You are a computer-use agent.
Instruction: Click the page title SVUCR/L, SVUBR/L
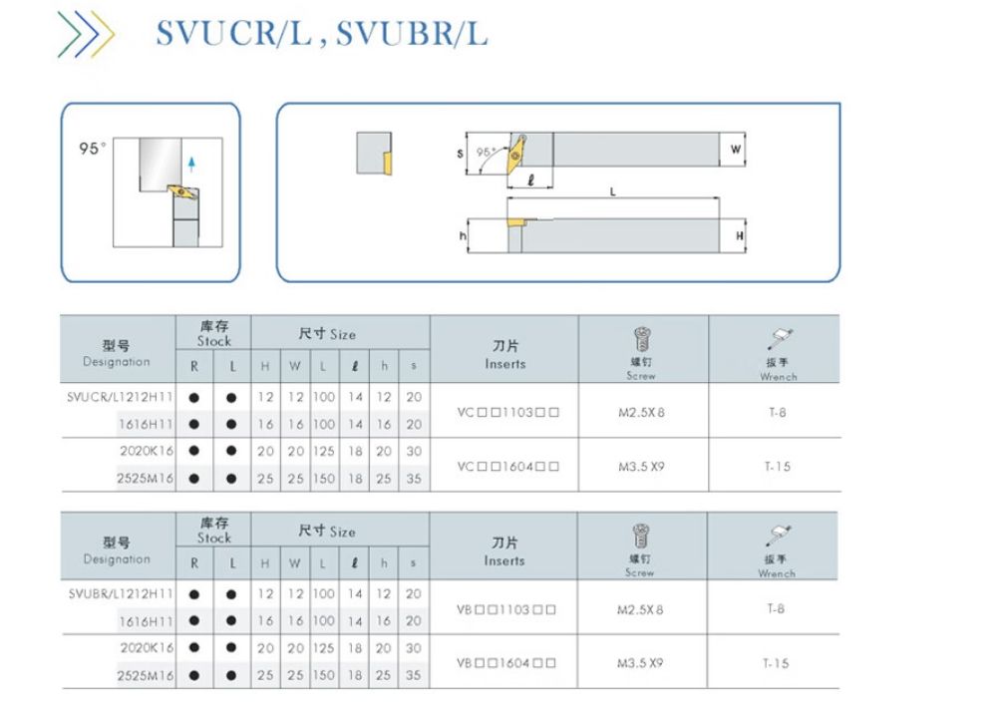[321, 34]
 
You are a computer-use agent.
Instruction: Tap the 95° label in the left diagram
[92, 148]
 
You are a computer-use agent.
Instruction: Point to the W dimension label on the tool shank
[735, 150]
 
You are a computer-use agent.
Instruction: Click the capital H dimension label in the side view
[739, 235]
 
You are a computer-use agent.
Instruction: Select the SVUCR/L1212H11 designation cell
[120, 396]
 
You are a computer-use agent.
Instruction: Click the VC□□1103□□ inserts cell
[507, 412]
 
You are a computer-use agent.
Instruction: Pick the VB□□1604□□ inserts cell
[506, 662]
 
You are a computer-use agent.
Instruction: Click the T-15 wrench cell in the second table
[776, 663]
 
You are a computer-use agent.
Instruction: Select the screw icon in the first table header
[641, 340]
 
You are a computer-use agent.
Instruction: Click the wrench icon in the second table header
[778, 535]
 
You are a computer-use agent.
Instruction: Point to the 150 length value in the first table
[325, 479]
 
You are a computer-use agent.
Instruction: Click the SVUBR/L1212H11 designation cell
[120, 593]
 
